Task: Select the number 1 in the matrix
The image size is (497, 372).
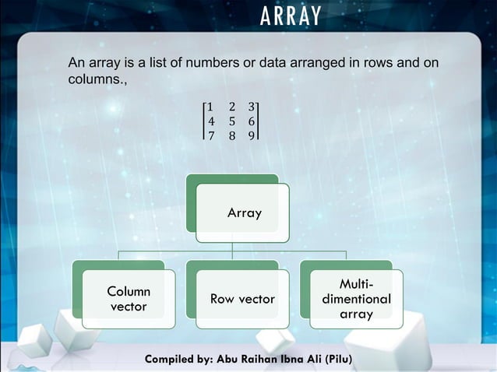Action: pos(211,107)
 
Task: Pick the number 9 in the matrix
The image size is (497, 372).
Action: pos(252,135)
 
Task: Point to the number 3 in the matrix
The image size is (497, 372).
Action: pos(252,107)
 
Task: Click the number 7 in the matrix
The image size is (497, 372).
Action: pos(211,135)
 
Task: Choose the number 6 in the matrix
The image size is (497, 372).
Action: pos(252,121)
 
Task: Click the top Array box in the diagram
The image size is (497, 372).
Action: pos(243,212)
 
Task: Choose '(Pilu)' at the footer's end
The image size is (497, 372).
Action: pos(335,360)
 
